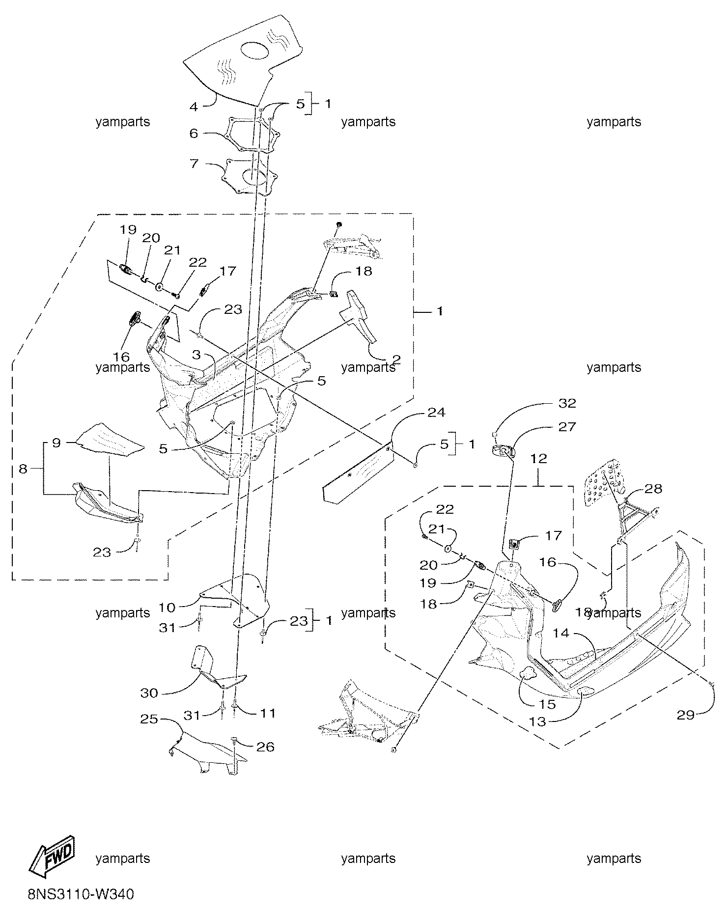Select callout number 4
tap(195, 107)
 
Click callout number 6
tap(195, 133)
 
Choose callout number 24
tap(436, 412)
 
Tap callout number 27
tap(567, 427)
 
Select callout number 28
tap(653, 489)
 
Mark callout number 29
tap(686, 715)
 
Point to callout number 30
tap(149, 693)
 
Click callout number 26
tap(266, 747)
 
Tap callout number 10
tap(167, 608)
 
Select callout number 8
tap(23, 469)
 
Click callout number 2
tap(396, 360)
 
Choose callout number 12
tap(538, 458)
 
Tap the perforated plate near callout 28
tap(602, 485)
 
